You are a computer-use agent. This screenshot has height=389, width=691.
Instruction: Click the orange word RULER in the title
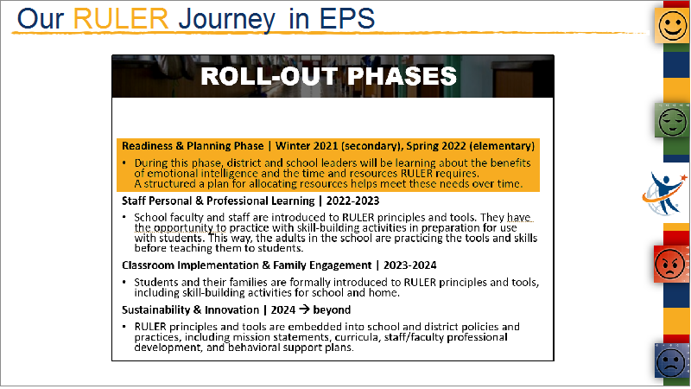click(x=120, y=19)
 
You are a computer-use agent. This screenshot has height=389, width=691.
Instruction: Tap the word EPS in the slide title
click(x=347, y=19)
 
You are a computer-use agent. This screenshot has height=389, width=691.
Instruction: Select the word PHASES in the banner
click(x=402, y=76)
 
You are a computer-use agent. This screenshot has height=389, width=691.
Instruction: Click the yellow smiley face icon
click(x=672, y=26)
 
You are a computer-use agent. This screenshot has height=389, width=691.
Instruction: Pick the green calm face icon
click(x=672, y=120)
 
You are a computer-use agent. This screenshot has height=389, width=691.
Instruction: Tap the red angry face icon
click(x=670, y=265)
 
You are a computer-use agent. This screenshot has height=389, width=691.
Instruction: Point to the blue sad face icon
click(x=672, y=360)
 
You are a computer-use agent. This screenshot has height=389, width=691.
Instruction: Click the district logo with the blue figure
click(x=664, y=194)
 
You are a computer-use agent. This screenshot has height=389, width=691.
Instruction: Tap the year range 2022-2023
click(x=352, y=201)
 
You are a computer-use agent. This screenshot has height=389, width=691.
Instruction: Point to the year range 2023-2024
click(x=409, y=265)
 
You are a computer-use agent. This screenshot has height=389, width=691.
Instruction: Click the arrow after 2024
click(x=304, y=309)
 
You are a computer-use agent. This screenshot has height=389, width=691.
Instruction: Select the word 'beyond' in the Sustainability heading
click(x=332, y=310)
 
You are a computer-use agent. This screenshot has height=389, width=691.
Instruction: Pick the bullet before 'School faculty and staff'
click(x=124, y=217)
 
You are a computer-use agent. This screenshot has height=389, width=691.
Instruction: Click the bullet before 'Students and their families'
click(x=124, y=282)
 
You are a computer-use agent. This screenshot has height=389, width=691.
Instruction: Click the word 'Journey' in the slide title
click(x=227, y=20)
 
